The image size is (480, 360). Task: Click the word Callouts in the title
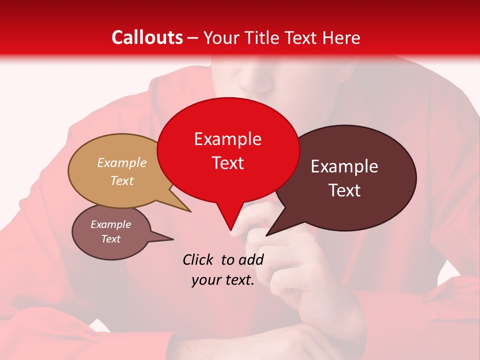point(147,37)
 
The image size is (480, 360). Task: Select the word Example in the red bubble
point(227,139)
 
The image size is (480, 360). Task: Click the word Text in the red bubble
point(227,163)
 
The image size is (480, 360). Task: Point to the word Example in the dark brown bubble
point(344,166)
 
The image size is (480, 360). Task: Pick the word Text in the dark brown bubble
point(344,190)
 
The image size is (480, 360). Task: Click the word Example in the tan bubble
point(122,163)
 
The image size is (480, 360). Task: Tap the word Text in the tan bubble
point(122,181)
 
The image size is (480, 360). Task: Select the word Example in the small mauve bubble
point(111,224)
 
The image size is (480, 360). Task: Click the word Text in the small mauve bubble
point(111,239)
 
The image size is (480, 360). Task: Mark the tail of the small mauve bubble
point(169,239)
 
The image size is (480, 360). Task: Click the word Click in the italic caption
point(198,259)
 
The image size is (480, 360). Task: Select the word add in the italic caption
point(251,259)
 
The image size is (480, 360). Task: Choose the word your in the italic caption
point(206,280)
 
